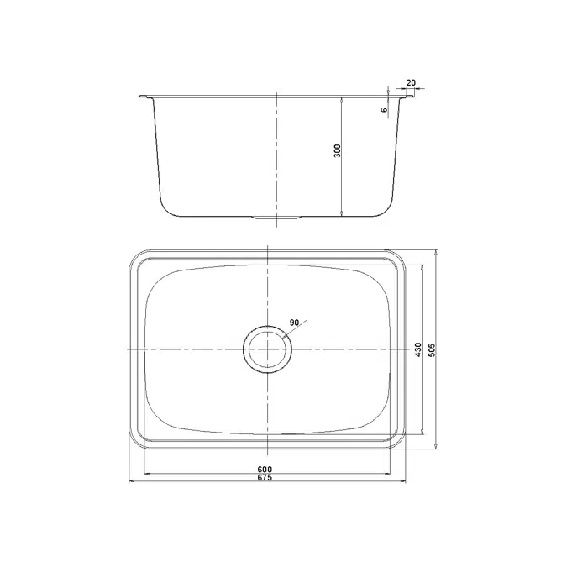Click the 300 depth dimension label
point(337,152)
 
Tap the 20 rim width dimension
point(410,82)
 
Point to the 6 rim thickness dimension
point(384,109)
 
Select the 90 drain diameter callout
point(294,323)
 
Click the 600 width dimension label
point(265,469)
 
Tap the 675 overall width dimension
point(265,477)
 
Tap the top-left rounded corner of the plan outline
point(134,256)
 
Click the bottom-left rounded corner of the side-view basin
point(167,207)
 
